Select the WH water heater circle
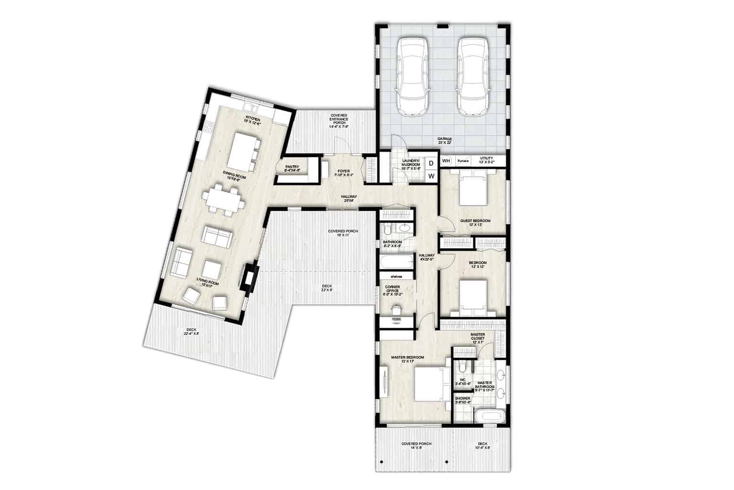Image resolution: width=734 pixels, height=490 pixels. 446,161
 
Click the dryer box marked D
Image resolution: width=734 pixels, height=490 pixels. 431,163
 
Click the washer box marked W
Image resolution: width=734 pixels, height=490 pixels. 431,176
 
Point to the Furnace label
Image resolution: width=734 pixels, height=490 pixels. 463,161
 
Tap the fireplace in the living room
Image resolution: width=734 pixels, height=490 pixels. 250,278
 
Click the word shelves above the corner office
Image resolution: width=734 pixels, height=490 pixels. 395,276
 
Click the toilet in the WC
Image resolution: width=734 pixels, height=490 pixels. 461,367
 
